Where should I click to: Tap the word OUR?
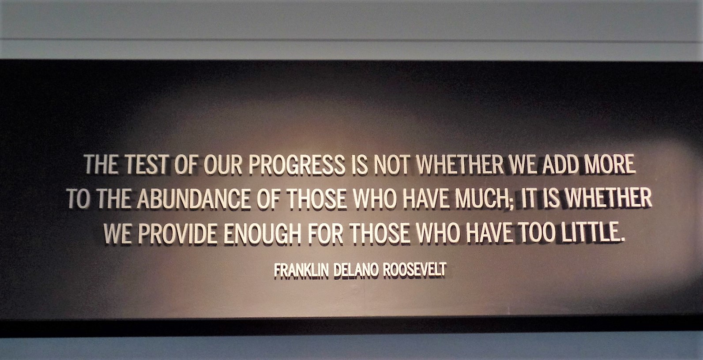point(223,164)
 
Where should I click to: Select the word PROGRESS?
point(297,164)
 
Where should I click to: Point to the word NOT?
point(391,164)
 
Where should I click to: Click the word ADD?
point(560,164)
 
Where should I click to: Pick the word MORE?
point(610,164)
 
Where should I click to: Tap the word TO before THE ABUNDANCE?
point(79,199)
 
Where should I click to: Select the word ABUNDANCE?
point(194,199)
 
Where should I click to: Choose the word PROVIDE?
point(177,233)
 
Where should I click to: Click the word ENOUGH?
point(262,233)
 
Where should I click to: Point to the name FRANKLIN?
point(301,270)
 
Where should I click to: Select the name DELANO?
point(356,270)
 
